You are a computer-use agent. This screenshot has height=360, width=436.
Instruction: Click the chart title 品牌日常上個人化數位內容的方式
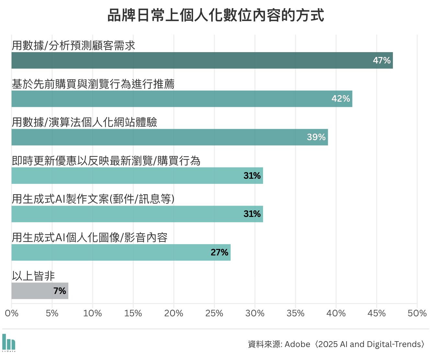coord(216,16)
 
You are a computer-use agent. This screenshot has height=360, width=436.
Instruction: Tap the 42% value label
coord(340,99)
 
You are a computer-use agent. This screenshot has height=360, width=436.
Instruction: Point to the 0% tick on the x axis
coord(12,313)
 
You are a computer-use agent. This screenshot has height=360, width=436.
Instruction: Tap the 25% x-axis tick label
coord(214,313)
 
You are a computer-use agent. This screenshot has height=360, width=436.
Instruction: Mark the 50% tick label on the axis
coord(417,313)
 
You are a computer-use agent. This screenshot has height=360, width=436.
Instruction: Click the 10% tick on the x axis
coord(93,313)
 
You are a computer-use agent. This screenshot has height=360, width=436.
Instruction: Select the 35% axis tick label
coord(295,313)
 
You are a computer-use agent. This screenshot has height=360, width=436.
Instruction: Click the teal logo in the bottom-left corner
coord(9,343)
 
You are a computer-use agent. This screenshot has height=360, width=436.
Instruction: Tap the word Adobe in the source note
coord(297,344)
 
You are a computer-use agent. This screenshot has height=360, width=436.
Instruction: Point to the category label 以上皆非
coord(33,276)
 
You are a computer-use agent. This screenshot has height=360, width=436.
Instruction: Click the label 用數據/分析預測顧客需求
coord(73,46)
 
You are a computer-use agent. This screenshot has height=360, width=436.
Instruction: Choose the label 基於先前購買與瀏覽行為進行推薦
coord(93,84)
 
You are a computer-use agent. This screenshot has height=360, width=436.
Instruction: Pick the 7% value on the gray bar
coord(60,291)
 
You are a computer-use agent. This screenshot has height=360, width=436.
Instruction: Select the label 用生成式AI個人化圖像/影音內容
coord(89,238)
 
